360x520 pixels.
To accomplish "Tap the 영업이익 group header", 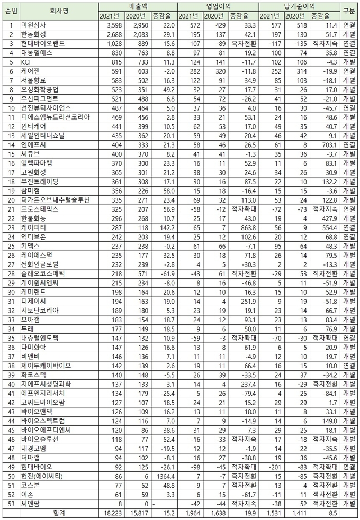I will click(x=218, y=6).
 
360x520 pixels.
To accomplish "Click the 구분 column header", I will click(x=349, y=11).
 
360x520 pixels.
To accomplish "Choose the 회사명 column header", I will click(x=58, y=11).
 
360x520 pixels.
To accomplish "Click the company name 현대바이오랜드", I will click(x=40, y=44).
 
